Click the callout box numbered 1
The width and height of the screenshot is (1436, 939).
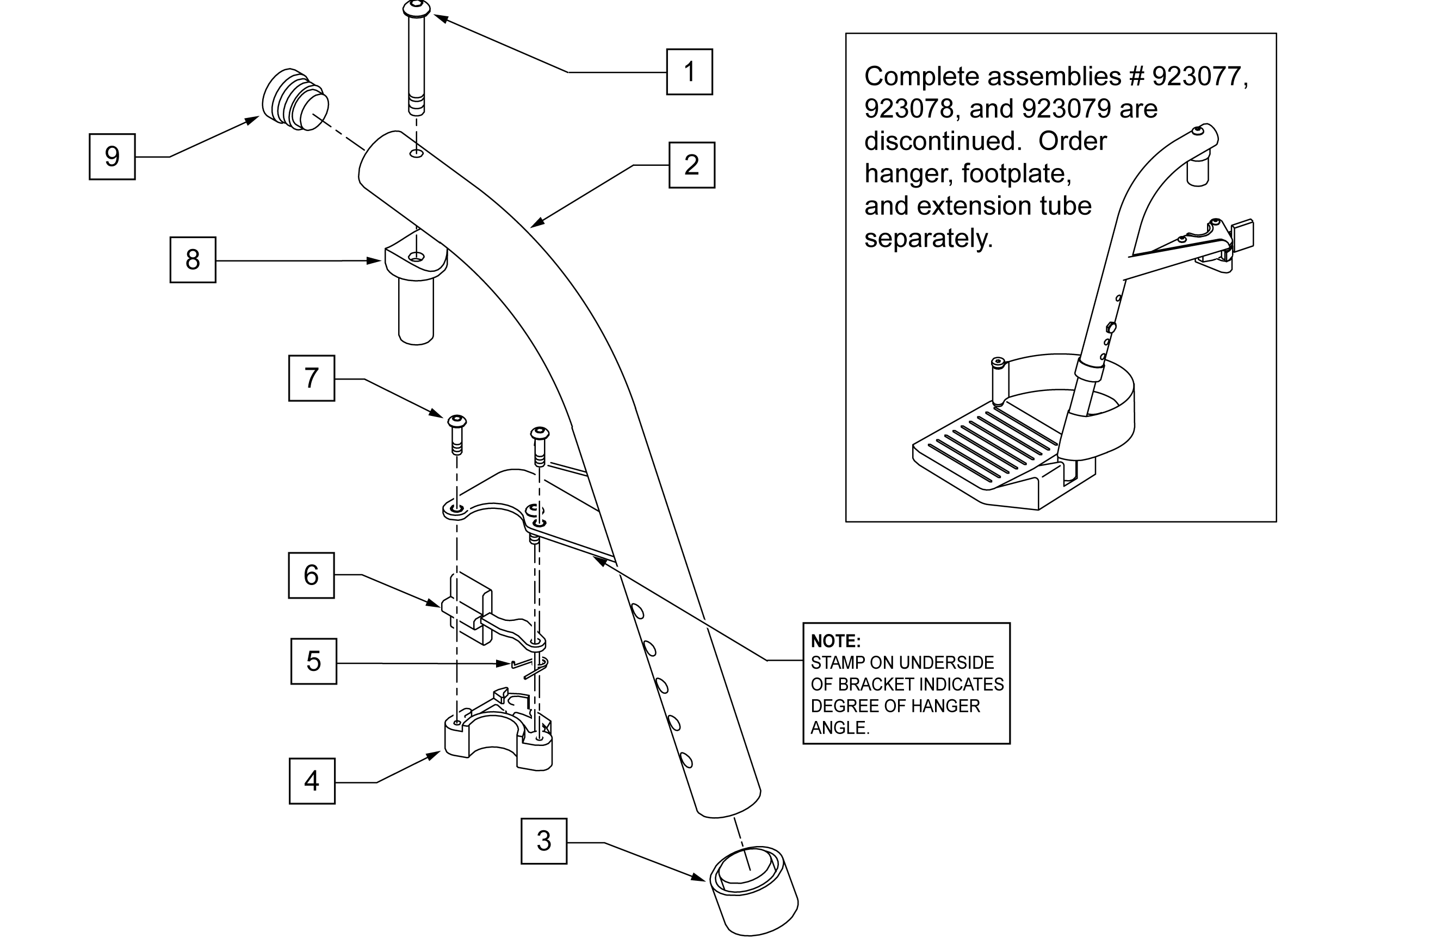[x=689, y=72]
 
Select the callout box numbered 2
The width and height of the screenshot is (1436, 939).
[x=691, y=165]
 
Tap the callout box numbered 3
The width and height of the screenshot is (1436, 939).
[x=543, y=841]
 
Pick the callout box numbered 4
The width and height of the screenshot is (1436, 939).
[x=312, y=781]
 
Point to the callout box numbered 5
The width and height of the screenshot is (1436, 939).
[x=314, y=661]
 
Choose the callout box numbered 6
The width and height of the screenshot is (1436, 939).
[x=311, y=575]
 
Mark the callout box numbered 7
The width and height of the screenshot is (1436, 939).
[x=311, y=378]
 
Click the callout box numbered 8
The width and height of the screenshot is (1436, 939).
[x=193, y=260]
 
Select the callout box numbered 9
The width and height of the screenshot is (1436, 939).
[x=112, y=156]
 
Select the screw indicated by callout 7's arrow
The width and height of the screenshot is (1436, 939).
[x=457, y=434]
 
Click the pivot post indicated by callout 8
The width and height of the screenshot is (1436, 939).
[x=416, y=289]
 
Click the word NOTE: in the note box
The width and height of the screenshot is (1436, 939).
[x=835, y=641]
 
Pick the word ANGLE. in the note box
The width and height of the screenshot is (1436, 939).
[x=840, y=728]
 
